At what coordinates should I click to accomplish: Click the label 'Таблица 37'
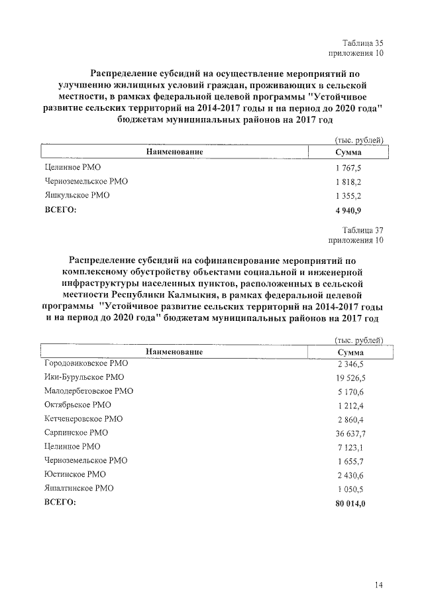click(x=362, y=229)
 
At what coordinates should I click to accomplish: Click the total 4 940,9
click(x=348, y=210)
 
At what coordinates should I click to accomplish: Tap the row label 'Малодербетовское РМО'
click(x=88, y=391)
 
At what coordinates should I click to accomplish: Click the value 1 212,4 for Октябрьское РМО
click(x=350, y=405)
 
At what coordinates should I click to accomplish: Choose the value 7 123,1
click(x=350, y=447)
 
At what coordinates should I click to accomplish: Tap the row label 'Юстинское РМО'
click(x=74, y=474)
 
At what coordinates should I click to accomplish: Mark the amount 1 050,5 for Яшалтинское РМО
click(x=350, y=489)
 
